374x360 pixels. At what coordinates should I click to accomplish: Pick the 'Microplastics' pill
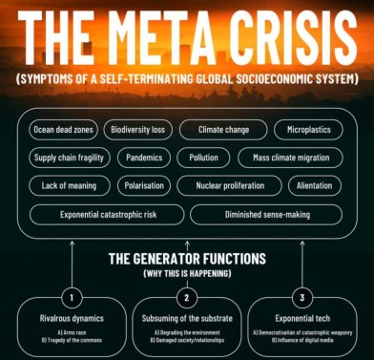tap(307, 128)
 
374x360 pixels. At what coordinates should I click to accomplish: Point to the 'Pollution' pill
tap(203, 157)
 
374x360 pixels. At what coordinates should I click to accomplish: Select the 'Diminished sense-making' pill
tap(267, 214)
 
